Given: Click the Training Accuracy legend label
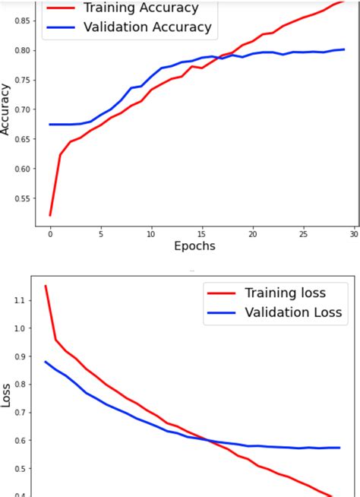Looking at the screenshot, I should [141, 8].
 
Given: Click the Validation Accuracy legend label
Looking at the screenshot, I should [147, 27].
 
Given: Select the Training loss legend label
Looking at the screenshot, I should [284, 293].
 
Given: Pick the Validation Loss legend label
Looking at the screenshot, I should [293, 312].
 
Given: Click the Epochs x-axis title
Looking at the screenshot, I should [194, 245].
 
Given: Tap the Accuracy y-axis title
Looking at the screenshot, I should [6, 109].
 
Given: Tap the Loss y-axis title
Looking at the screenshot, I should [6, 396].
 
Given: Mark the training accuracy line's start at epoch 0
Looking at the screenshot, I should [50, 215].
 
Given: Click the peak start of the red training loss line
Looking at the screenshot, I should [46, 286].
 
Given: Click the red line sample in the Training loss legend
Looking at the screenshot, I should [222, 293].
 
